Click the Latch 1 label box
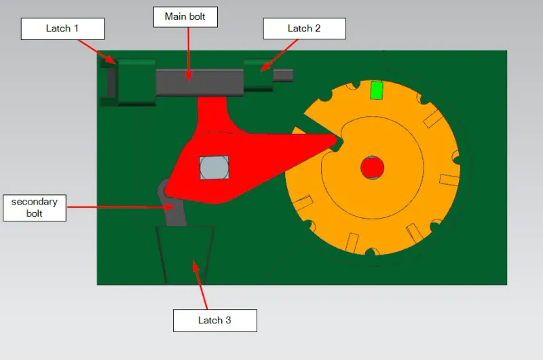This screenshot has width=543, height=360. click(62, 29)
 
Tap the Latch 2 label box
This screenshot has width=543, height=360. click(304, 29)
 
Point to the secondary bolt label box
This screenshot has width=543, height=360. click(35, 207)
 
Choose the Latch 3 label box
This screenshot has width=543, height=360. click(214, 320)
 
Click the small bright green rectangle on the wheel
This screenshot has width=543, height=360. click(376, 90)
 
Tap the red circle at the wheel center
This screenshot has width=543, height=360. click(371, 166)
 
